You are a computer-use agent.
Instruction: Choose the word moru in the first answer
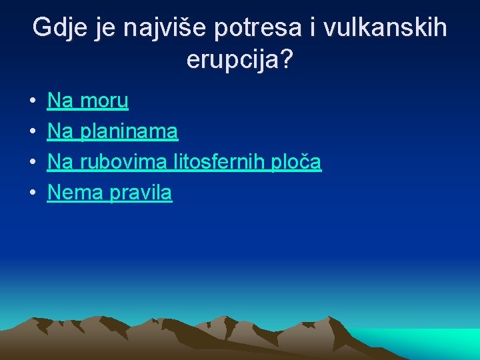(x=104, y=101)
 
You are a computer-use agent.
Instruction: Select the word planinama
(x=129, y=131)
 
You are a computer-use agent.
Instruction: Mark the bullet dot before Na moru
(x=32, y=102)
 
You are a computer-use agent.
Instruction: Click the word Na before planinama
(x=61, y=131)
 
